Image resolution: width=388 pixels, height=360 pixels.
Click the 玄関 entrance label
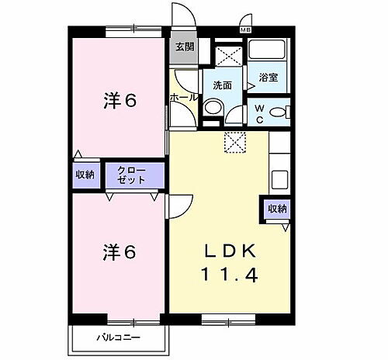pos(184,47)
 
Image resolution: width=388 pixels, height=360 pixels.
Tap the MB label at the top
pos(245,29)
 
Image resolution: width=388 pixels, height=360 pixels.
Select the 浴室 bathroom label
pos(268,78)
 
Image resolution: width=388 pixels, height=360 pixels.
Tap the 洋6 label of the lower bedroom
pos(120,252)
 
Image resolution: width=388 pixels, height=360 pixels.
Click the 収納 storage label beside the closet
pos(85,174)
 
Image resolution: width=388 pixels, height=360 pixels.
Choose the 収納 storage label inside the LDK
pos(277,209)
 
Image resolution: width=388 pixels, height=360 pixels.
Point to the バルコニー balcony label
pos(118,337)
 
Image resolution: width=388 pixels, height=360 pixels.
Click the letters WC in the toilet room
pos(258,114)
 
